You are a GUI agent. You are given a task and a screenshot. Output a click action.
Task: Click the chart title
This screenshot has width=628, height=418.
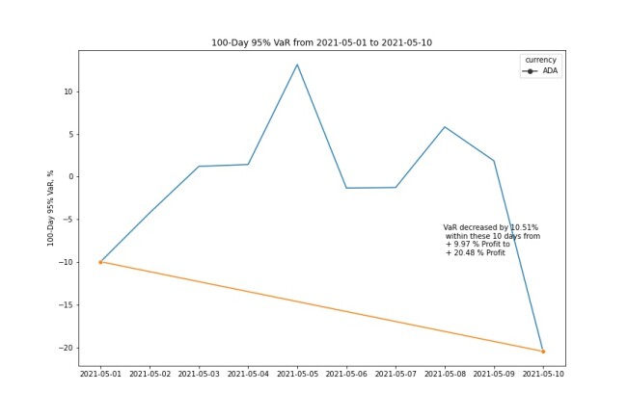tap(321, 42)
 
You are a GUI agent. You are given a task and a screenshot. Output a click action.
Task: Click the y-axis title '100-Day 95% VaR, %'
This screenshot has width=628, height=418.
tap(50, 208)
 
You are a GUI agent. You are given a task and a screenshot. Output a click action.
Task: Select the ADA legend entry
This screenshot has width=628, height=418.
tap(540, 71)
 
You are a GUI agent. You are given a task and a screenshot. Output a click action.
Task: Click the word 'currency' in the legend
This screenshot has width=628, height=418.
tap(540, 60)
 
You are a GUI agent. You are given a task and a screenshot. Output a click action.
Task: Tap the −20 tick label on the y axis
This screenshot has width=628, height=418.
tap(67, 348)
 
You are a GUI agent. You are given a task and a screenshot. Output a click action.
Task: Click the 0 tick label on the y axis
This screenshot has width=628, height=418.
tap(70, 176)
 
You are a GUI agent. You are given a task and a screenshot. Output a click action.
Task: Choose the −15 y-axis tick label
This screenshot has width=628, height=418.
tap(67, 304)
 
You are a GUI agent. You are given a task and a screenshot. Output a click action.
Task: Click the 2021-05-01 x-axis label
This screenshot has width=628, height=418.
tap(100, 374)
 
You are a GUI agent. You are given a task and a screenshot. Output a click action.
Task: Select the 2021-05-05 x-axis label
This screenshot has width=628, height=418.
tap(297, 374)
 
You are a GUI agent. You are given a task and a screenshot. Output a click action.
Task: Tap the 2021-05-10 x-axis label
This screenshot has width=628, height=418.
tap(543, 374)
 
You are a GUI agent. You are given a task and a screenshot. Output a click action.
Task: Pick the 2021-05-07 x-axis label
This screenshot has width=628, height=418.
tap(396, 374)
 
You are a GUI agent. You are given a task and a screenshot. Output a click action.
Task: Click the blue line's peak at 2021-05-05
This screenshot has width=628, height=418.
tap(297, 65)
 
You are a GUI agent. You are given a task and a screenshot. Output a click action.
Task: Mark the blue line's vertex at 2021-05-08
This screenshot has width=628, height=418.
tap(445, 127)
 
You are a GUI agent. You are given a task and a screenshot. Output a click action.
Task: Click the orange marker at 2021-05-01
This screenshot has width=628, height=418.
tap(100, 262)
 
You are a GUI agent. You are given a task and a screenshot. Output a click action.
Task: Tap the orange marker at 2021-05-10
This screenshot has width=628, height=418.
tap(543, 352)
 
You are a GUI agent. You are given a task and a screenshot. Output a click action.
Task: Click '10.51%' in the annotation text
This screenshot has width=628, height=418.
tap(524, 227)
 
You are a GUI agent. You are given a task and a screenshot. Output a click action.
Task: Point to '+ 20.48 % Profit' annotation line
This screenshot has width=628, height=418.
tap(476, 252)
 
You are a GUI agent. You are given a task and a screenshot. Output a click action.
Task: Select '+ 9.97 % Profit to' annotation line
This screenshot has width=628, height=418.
tap(478, 245)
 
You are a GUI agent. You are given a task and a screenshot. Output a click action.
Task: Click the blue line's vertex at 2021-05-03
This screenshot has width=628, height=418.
tap(199, 167)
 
